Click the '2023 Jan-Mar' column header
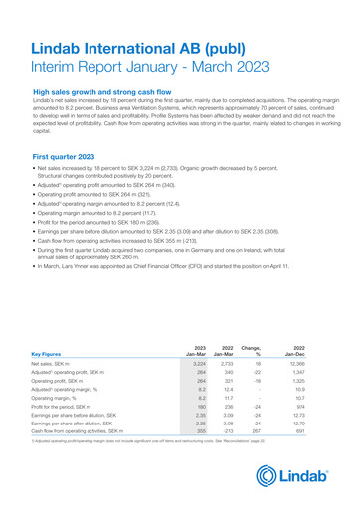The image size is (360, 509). coord(197,349)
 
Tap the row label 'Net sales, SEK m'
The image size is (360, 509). coord(57,366)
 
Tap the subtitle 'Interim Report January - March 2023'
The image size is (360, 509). coord(151,68)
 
